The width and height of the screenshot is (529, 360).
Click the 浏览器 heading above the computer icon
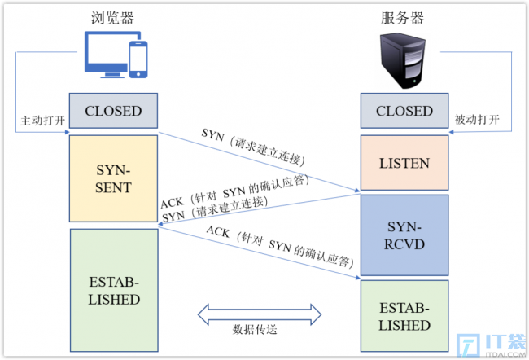(112, 18)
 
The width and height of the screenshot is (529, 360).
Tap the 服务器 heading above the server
(402, 18)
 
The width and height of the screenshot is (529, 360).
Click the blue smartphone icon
(138, 59)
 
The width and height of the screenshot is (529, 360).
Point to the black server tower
(403, 60)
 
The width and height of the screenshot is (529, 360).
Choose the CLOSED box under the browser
(113, 111)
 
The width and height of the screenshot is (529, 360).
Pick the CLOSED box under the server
(404, 111)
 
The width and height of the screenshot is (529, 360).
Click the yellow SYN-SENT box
(113, 178)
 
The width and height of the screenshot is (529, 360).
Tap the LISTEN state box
(404, 163)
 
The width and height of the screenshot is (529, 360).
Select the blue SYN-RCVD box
(404, 235)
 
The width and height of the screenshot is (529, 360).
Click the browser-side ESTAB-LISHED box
(114, 291)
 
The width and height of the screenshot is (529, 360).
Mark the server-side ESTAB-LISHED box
(404, 316)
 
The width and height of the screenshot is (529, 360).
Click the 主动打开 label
(42, 121)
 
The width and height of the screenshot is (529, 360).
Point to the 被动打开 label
(477, 120)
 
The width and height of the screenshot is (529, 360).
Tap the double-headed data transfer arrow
(259, 314)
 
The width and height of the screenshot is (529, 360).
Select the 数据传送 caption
(255, 329)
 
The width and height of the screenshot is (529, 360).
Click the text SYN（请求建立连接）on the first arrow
(253, 147)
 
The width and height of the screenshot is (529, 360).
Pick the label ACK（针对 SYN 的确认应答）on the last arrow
(280, 247)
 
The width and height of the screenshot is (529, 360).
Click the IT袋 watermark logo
(492, 345)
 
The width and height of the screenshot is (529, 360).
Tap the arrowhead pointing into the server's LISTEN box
(357, 190)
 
